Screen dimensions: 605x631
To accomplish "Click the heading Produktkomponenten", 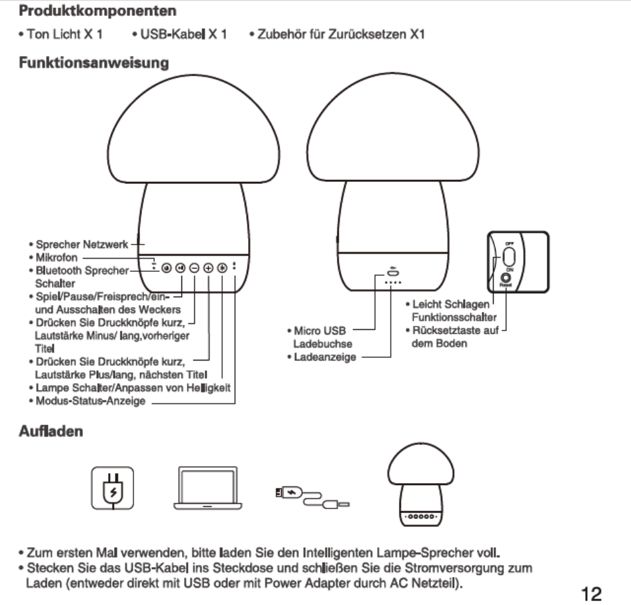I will (97, 11).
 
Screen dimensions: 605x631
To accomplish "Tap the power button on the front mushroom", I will (165, 268).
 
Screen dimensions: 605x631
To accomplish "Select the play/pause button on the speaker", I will (179, 268).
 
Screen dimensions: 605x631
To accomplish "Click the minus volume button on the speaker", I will (193, 268).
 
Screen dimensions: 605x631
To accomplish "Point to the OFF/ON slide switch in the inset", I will (508, 257).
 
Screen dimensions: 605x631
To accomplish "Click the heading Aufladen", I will (51, 432).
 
